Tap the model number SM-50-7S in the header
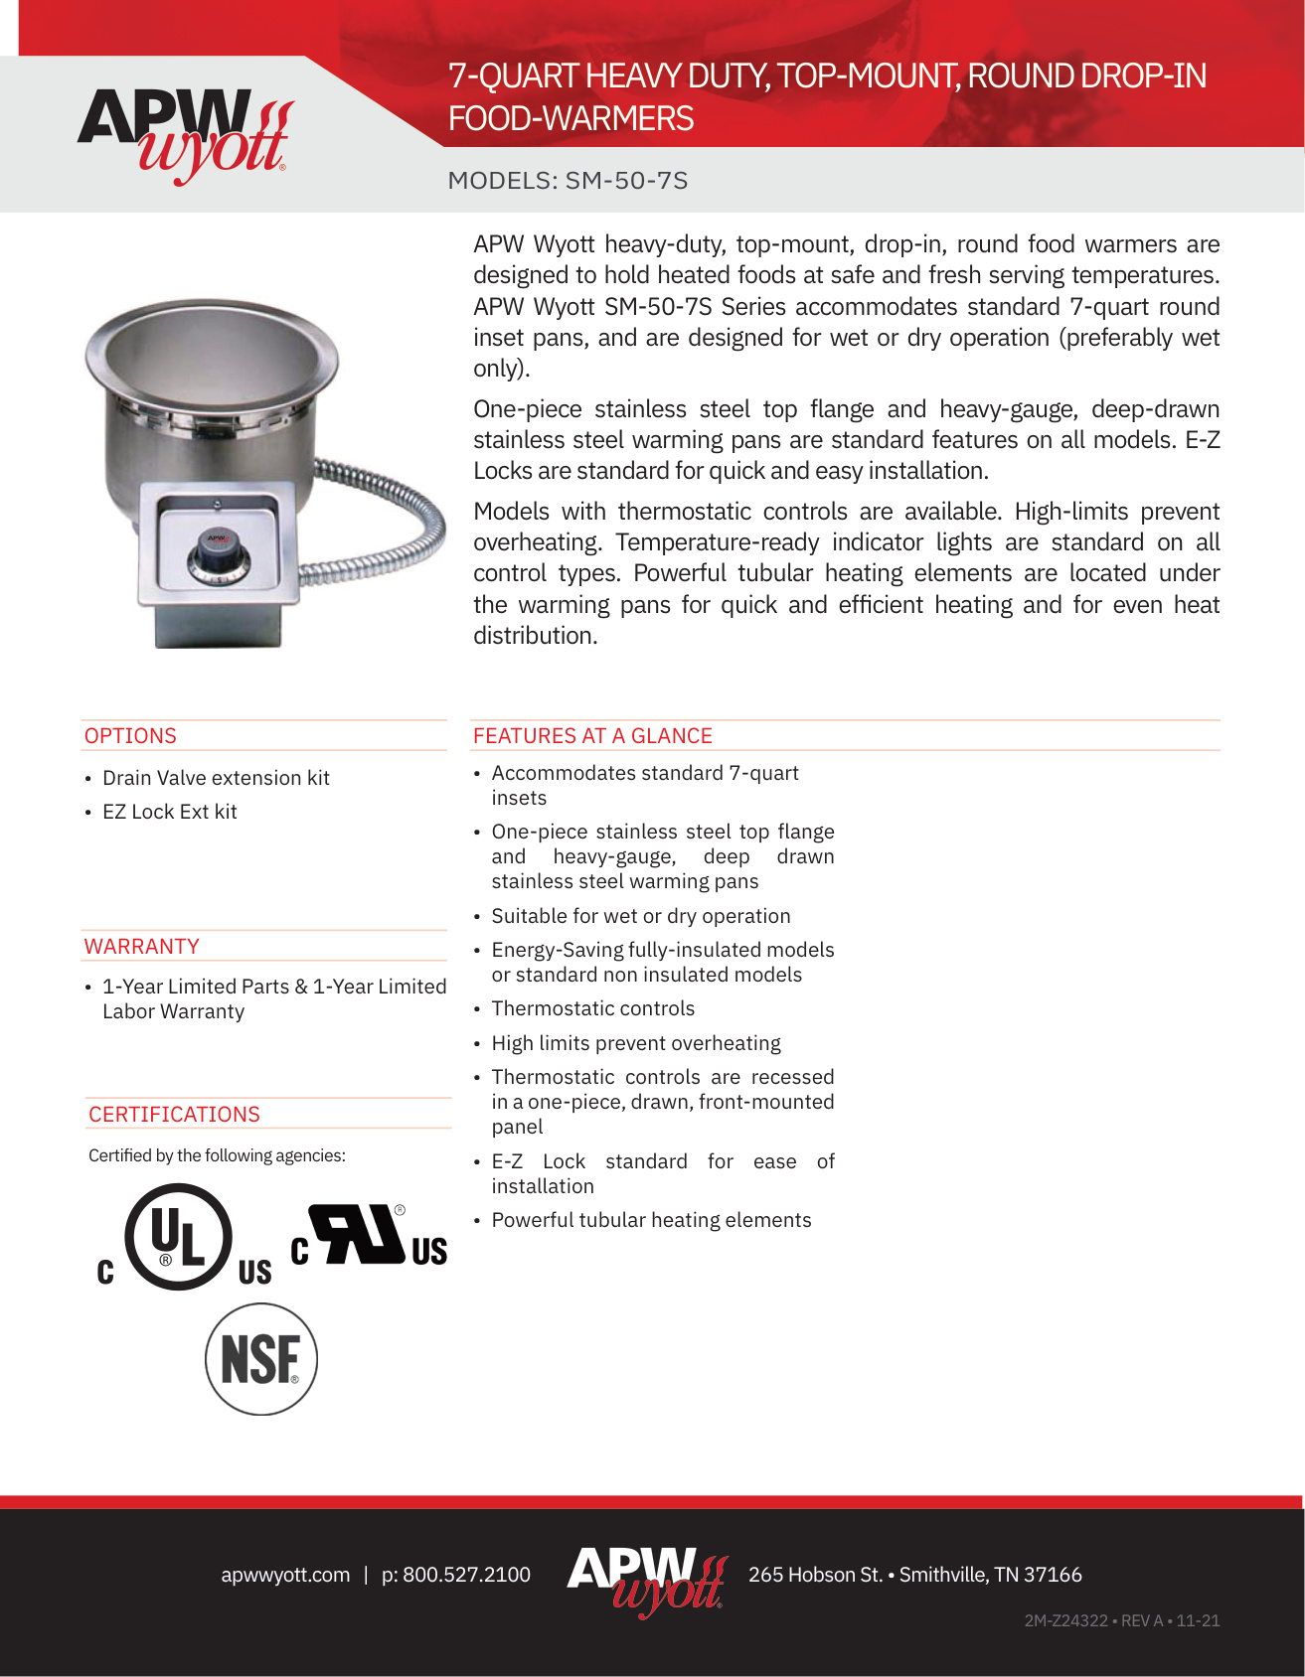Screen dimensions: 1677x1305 click(x=626, y=181)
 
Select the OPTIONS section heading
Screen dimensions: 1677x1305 click(x=130, y=736)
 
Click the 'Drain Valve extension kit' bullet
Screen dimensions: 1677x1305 click(x=216, y=778)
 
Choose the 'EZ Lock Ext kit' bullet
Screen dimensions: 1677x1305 click(x=170, y=812)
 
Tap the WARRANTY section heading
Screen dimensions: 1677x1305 click(x=141, y=947)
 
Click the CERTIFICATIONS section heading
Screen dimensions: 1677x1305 click(x=174, y=1115)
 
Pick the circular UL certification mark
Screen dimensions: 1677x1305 click(x=179, y=1237)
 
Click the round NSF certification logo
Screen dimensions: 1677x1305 click(x=260, y=1359)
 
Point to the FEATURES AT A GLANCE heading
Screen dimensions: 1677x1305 click(x=592, y=736)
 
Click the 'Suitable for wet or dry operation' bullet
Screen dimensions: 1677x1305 click(x=641, y=916)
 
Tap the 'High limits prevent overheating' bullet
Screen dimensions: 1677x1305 click(x=636, y=1043)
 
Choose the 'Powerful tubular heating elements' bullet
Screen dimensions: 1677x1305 click(x=651, y=1220)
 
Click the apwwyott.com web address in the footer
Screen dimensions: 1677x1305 click(x=285, y=1575)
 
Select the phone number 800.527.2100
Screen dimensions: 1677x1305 click(x=466, y=1575)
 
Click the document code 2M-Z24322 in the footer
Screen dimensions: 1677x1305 click(x=1065, y=1620)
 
